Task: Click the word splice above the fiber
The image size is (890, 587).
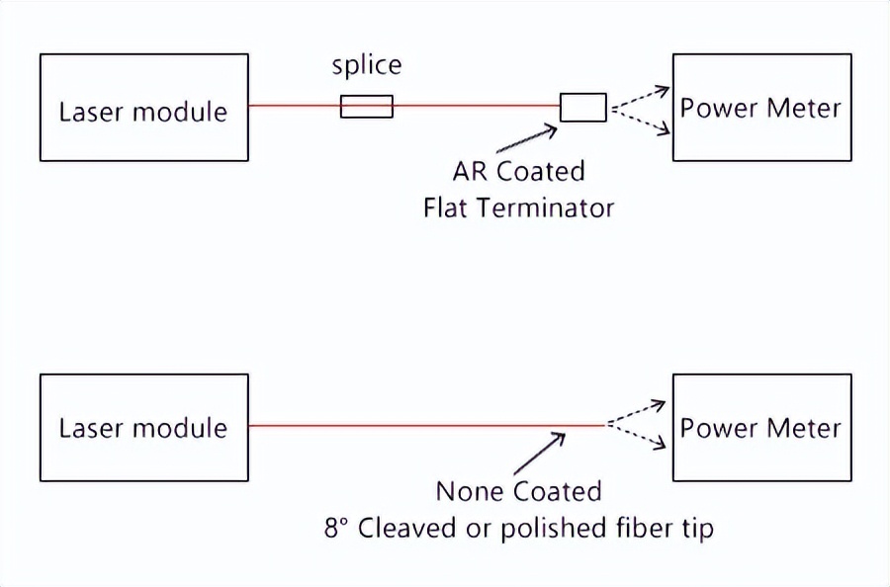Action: [x=366, y=66]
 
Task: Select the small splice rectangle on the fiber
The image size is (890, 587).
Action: [x=366, y=106]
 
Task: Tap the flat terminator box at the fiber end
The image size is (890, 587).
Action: [x=583, y=107]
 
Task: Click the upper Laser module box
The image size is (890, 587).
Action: [x=143, y=108]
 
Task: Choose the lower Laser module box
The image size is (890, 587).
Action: [x=143, y=427]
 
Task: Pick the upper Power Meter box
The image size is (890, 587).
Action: [x=760, y=107]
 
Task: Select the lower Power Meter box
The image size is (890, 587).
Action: [x=760, y=427]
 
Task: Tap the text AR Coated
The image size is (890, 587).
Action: [x=518, y=171]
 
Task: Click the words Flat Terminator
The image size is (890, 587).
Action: [x=518, y=208]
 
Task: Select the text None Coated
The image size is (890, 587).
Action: [x=518, y=491]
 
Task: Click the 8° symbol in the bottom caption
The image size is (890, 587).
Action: [x=336, y=527]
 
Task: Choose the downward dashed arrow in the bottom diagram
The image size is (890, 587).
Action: [x=637, y=437]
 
